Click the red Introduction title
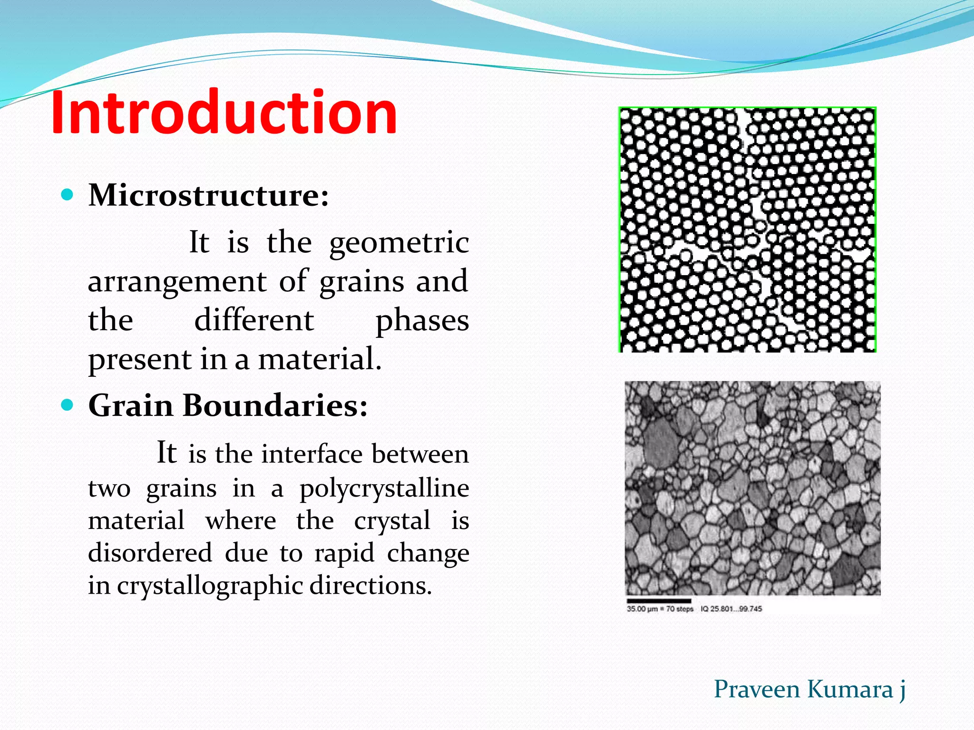[x=224, y=113]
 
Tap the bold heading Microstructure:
[x=208, y=195]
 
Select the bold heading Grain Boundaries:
[x=228, y=405]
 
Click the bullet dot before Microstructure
[x=68, y=195]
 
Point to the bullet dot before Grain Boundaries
[x=68, y=405]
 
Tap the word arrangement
[x=176, y=281]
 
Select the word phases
[x=422, y=321]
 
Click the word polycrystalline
[x=384, y=489]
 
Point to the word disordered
[x=150, y=553]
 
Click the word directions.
[x=370, y=586]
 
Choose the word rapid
[x=344, y=554]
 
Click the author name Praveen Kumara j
[x=809, y=690]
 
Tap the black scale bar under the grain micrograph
[x=659, y=601]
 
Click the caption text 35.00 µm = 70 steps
[x=660, y=609]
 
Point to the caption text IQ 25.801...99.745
[x=731, y=609]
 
